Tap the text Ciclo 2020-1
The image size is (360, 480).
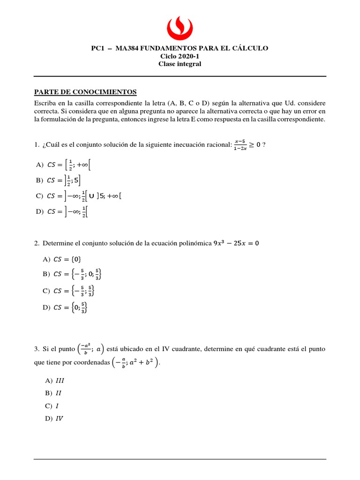click(180, 56)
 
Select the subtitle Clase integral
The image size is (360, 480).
click(180, 64)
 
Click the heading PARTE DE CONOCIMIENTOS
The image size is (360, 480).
click(85, 91)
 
